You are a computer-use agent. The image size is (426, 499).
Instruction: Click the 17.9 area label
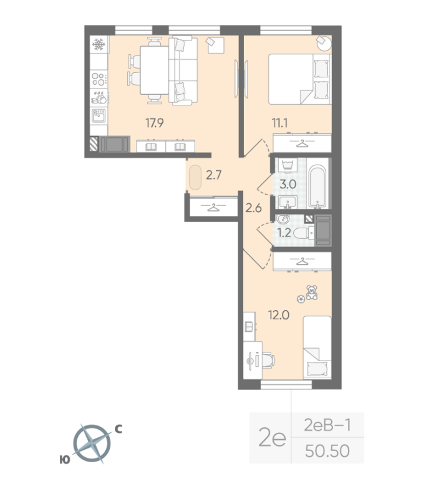click(155, 122)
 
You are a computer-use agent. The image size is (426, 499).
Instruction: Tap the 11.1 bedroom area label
click(279, 122)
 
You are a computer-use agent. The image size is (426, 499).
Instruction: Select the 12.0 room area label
click(279, 315)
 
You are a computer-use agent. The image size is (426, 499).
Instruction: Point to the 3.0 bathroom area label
click(288, 184)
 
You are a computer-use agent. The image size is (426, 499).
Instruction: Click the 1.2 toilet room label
click(284, 233)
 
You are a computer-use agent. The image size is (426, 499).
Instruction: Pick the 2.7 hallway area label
click(213, 175)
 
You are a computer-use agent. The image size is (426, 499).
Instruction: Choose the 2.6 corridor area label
click(254, 208)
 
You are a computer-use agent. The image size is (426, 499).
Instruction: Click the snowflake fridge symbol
click(99, 44)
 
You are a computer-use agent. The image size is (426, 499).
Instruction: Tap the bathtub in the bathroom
click(318, 186)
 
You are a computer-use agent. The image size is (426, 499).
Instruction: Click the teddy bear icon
click(311, 293)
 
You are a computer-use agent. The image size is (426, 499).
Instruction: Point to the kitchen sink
click(99, 115)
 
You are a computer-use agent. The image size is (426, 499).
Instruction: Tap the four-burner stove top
click(99, 79)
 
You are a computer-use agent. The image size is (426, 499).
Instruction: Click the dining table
click(154, 70)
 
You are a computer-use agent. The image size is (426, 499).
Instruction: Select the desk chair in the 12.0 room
click(269, 361)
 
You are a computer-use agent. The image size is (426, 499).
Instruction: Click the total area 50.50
click(327, 451)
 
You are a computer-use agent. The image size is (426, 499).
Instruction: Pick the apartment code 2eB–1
click(327, 425)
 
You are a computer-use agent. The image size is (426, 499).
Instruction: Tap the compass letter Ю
click(65, 460)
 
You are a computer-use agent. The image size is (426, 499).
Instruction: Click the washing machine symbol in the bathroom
click(288, 165)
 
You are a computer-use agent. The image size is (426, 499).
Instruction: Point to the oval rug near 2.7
click(195, 177)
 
